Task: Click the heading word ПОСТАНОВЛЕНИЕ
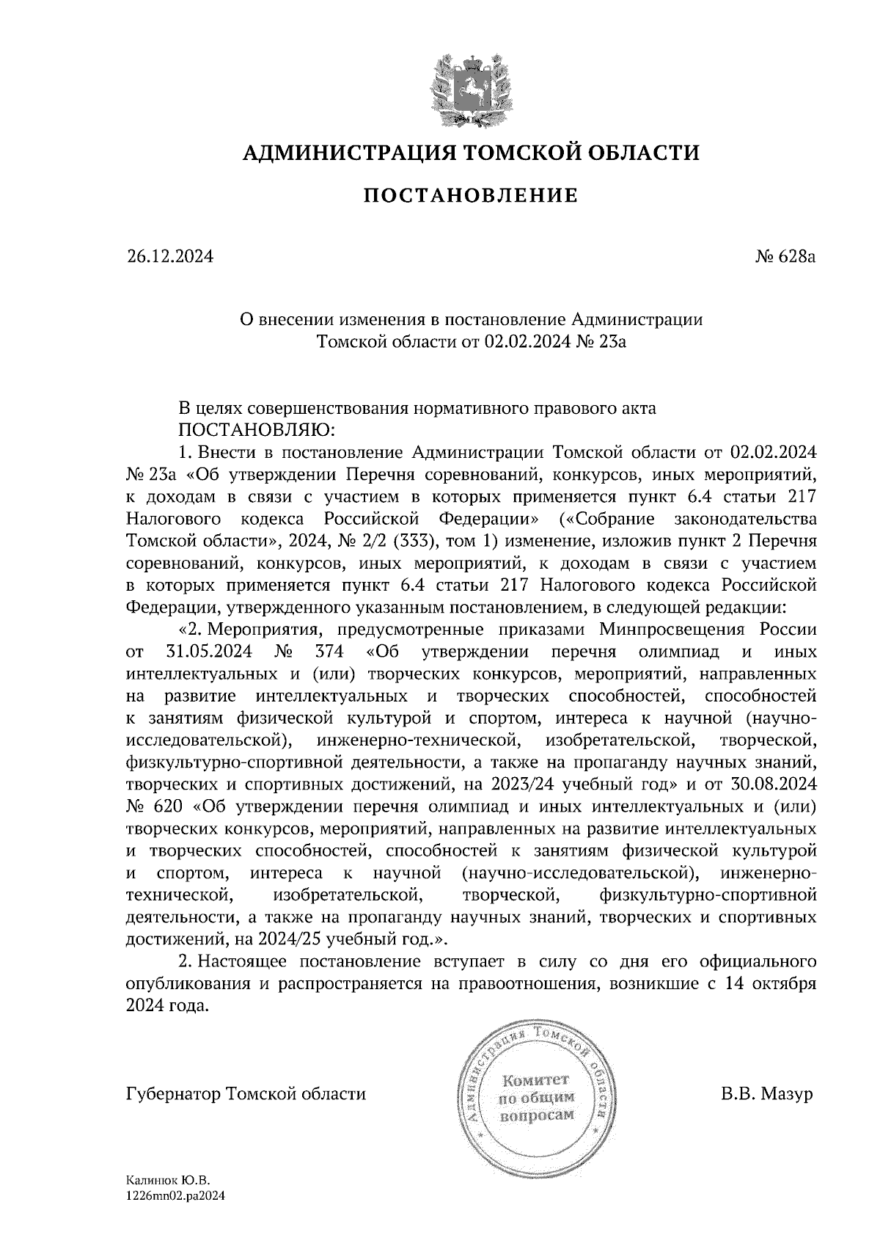[471, 196]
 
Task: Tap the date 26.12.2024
[169, 257]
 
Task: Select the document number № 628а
[785, 257]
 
